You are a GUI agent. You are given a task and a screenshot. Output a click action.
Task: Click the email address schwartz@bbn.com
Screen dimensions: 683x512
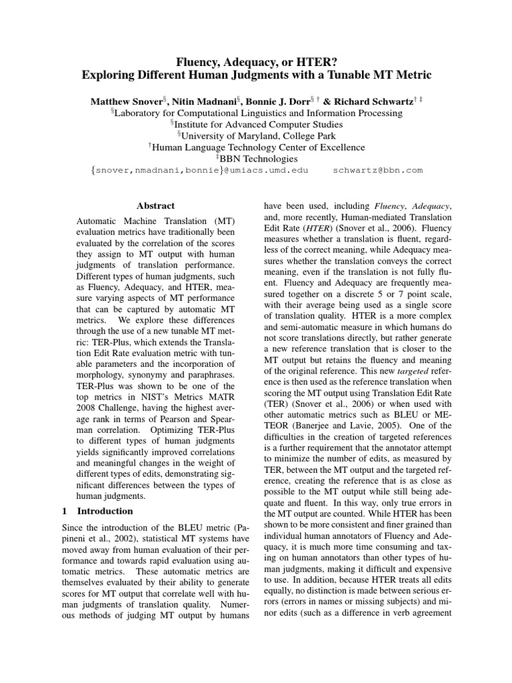(x=377, y=170)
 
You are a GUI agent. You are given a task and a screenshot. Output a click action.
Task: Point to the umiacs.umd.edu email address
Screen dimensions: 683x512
(x=265, y=170)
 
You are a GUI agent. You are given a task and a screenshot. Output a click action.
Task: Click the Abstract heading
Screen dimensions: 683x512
(x=155, y=206)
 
